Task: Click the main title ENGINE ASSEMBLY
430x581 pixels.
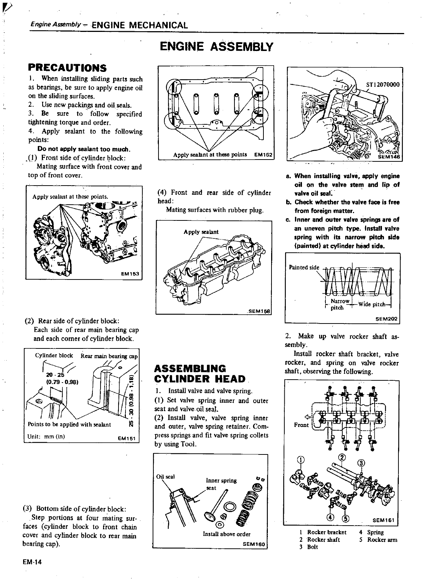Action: click(216, 47)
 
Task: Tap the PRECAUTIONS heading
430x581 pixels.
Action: click(67, 68)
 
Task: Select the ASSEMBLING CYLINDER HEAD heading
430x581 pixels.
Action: click(200, 373)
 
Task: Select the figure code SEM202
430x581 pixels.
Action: click(386, 319)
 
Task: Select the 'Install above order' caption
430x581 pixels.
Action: click(226, 534)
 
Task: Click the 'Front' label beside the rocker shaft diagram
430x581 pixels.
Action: click(301, 425)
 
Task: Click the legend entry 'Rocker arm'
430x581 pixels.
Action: click(382, 540)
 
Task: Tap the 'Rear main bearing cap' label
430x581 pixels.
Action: click(109, 356)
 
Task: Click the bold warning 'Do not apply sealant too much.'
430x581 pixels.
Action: click(84, 149)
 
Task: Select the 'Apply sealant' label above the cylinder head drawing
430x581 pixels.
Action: click(201, 232)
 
